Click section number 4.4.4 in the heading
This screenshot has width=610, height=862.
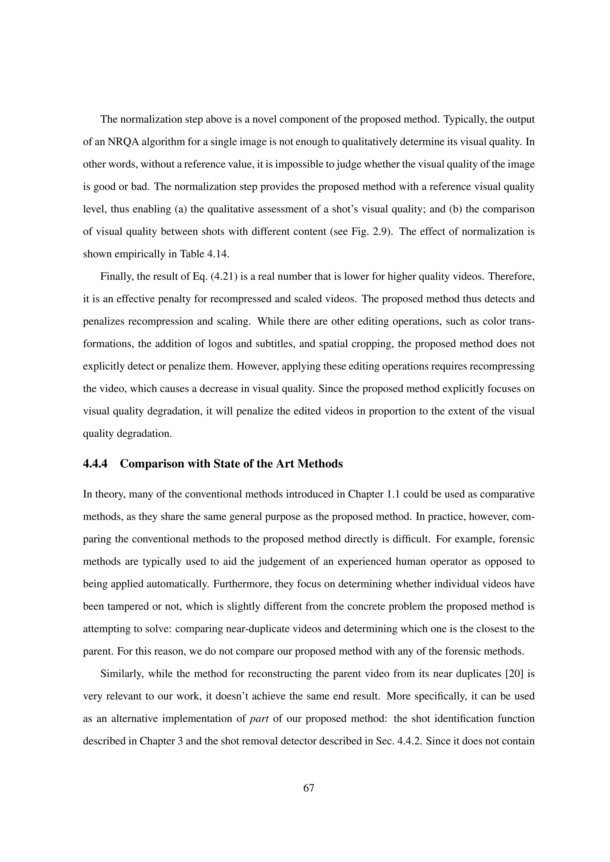pos(95,464)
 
